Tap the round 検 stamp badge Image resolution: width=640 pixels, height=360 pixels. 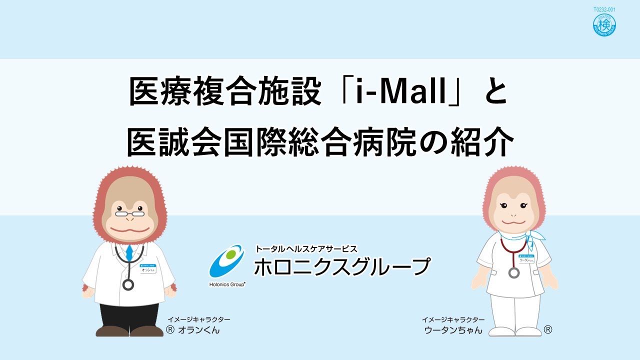(604, 25)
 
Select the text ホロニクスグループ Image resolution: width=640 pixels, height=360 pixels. (341, 266)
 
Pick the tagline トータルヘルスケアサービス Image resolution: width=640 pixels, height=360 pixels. (306, 248)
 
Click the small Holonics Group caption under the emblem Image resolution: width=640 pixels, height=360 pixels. (226, 284)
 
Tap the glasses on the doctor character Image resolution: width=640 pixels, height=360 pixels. (129, 213)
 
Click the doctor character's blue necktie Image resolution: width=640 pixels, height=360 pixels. (129, 252)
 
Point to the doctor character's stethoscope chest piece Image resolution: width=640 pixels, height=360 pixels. (128, 285)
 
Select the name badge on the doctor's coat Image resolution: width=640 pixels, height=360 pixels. (147, 268)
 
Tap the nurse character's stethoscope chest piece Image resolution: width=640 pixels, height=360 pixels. (514, 272)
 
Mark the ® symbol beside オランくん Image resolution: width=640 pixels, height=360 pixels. (170, 330)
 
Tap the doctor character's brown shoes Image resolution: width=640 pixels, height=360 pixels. (129, 331)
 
